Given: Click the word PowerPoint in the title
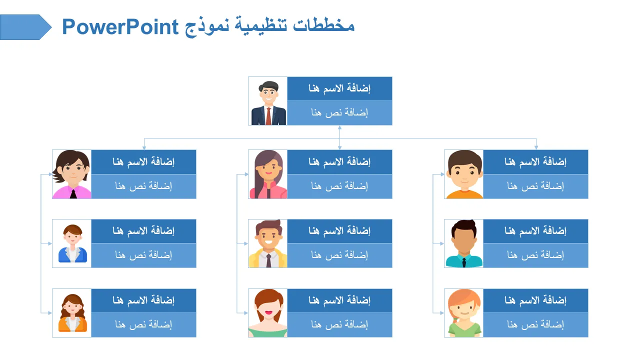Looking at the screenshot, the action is [120, 27].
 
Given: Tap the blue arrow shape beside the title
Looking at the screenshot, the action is [25, 27].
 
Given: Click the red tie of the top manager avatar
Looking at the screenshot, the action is [268, 116].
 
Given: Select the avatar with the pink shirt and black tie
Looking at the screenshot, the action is [71, 174].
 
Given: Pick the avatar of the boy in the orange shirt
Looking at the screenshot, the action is [464, 174].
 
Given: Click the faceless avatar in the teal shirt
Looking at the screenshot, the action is [464, 243].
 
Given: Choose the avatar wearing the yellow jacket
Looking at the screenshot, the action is [268, 243].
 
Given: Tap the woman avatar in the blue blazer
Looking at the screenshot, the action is [72, 243].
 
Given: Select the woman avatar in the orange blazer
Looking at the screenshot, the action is [72, 313].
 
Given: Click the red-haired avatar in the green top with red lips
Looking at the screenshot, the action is [268, 313].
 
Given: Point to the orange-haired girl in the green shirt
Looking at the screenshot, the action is [464, 313].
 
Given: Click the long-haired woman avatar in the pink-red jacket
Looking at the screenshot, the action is [268, 174].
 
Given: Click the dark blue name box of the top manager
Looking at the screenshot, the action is [339, 88].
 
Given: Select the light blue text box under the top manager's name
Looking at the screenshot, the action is [339, 113].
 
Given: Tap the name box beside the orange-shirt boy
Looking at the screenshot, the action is [535, 162].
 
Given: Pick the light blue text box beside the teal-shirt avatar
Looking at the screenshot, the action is [535, 255].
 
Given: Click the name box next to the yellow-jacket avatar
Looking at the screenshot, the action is [339, 231].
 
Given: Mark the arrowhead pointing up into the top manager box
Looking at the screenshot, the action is [339, 127].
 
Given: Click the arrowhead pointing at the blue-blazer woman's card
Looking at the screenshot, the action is [50, 243].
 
